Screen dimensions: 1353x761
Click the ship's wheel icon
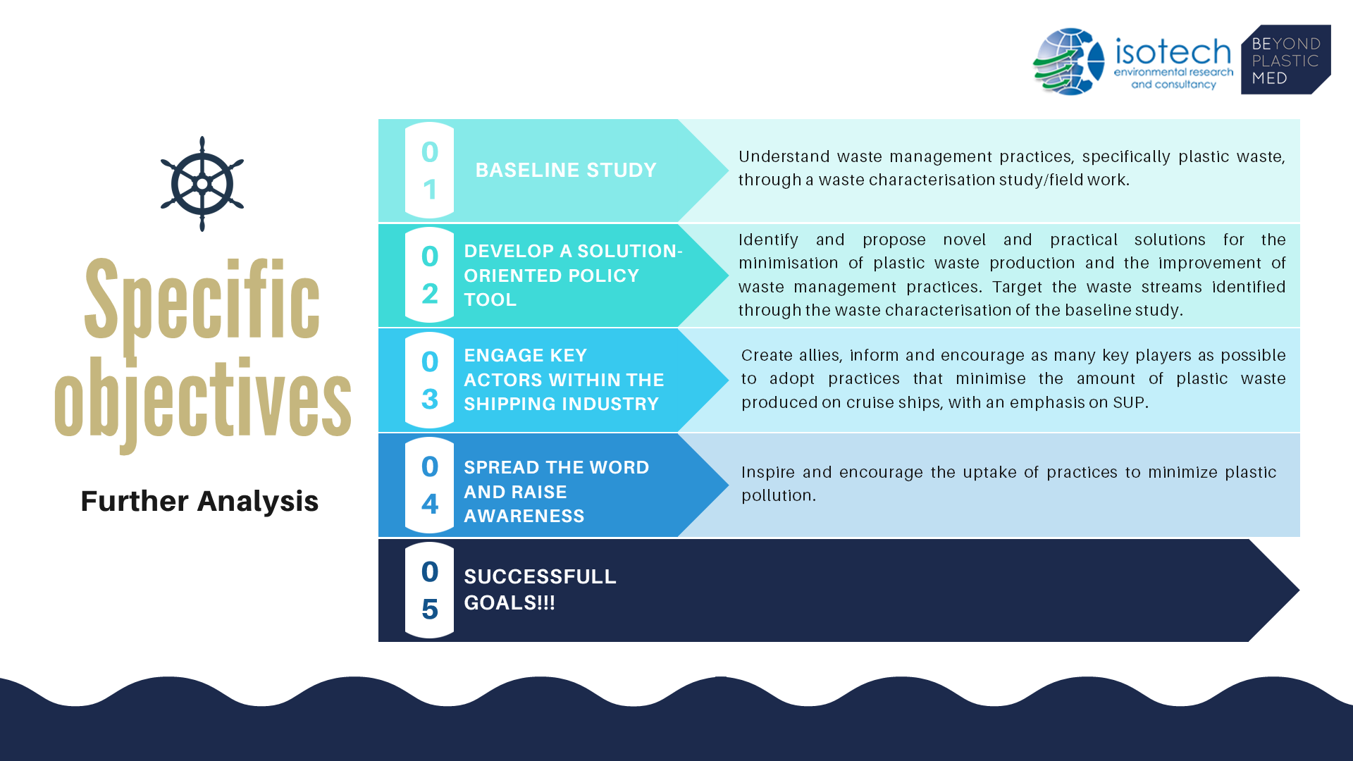[x=202, y=184]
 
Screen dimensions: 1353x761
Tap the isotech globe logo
[x=1068, y=62]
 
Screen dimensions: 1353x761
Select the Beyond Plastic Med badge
[x=1285, y=60]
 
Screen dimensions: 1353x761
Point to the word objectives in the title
[x=202, y=402]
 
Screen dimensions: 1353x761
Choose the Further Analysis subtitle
[x=199, y=501]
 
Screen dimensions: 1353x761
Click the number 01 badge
[x=430, y=170]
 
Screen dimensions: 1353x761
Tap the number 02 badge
[x=430, y=275]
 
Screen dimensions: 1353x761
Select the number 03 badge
[x=430, y=380]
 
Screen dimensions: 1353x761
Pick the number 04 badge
[x=430, y=485]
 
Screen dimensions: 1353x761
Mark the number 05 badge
[x=430, y=590]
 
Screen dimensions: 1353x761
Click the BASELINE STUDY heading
[x=566, y=171]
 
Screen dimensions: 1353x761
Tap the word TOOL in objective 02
[x=490, y=299]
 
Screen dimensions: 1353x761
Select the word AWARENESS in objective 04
[x=524, y=516]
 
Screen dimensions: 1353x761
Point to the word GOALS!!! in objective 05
[x=509, y=602]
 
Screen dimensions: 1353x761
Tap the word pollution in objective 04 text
[x=776, y=495]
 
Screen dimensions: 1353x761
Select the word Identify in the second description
[x=768, y=240]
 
